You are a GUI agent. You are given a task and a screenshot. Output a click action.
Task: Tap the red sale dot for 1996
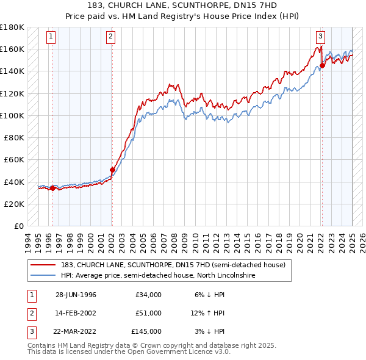[52, 188]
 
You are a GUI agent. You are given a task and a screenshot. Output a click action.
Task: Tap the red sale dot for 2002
[112, 170]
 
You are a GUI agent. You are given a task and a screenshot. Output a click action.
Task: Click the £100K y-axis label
[12, 115]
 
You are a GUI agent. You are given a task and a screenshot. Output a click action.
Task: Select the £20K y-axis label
[14, 204]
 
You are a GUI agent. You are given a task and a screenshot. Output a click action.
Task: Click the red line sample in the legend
[43, 265]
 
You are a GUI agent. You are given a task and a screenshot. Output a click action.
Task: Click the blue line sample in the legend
[43, 275]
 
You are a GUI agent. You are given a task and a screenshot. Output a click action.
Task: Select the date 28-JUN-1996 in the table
[76, 295]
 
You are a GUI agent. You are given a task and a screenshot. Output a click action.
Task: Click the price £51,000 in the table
[148, 313]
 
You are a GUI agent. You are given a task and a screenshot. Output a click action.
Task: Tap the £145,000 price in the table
[146, 331]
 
